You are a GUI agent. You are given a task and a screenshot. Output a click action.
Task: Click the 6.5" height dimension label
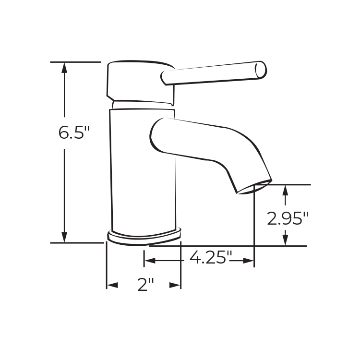74,132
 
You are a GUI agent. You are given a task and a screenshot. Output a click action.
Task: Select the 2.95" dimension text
288,218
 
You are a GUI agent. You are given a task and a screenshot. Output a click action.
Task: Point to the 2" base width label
145,284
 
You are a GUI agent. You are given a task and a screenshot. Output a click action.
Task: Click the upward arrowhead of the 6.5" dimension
64,68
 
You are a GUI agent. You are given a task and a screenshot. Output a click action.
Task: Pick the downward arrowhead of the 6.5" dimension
64,237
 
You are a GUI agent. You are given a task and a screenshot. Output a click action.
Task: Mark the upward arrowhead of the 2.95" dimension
285,190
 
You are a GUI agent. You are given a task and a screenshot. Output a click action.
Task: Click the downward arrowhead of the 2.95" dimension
285,240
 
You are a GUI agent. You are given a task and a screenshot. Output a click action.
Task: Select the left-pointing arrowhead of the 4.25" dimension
149,261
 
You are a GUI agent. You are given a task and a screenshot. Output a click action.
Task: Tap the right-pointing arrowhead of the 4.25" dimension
249,261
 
